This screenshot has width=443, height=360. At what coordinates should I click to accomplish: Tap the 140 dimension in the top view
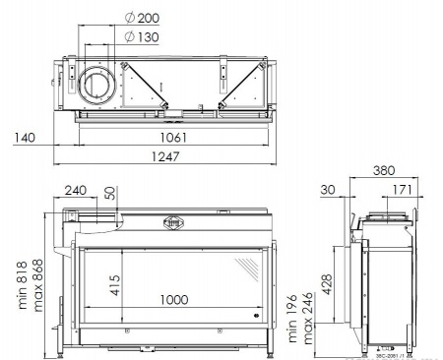(x=26, y=138)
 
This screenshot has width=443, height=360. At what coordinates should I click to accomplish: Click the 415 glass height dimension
(x=115, y=285)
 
